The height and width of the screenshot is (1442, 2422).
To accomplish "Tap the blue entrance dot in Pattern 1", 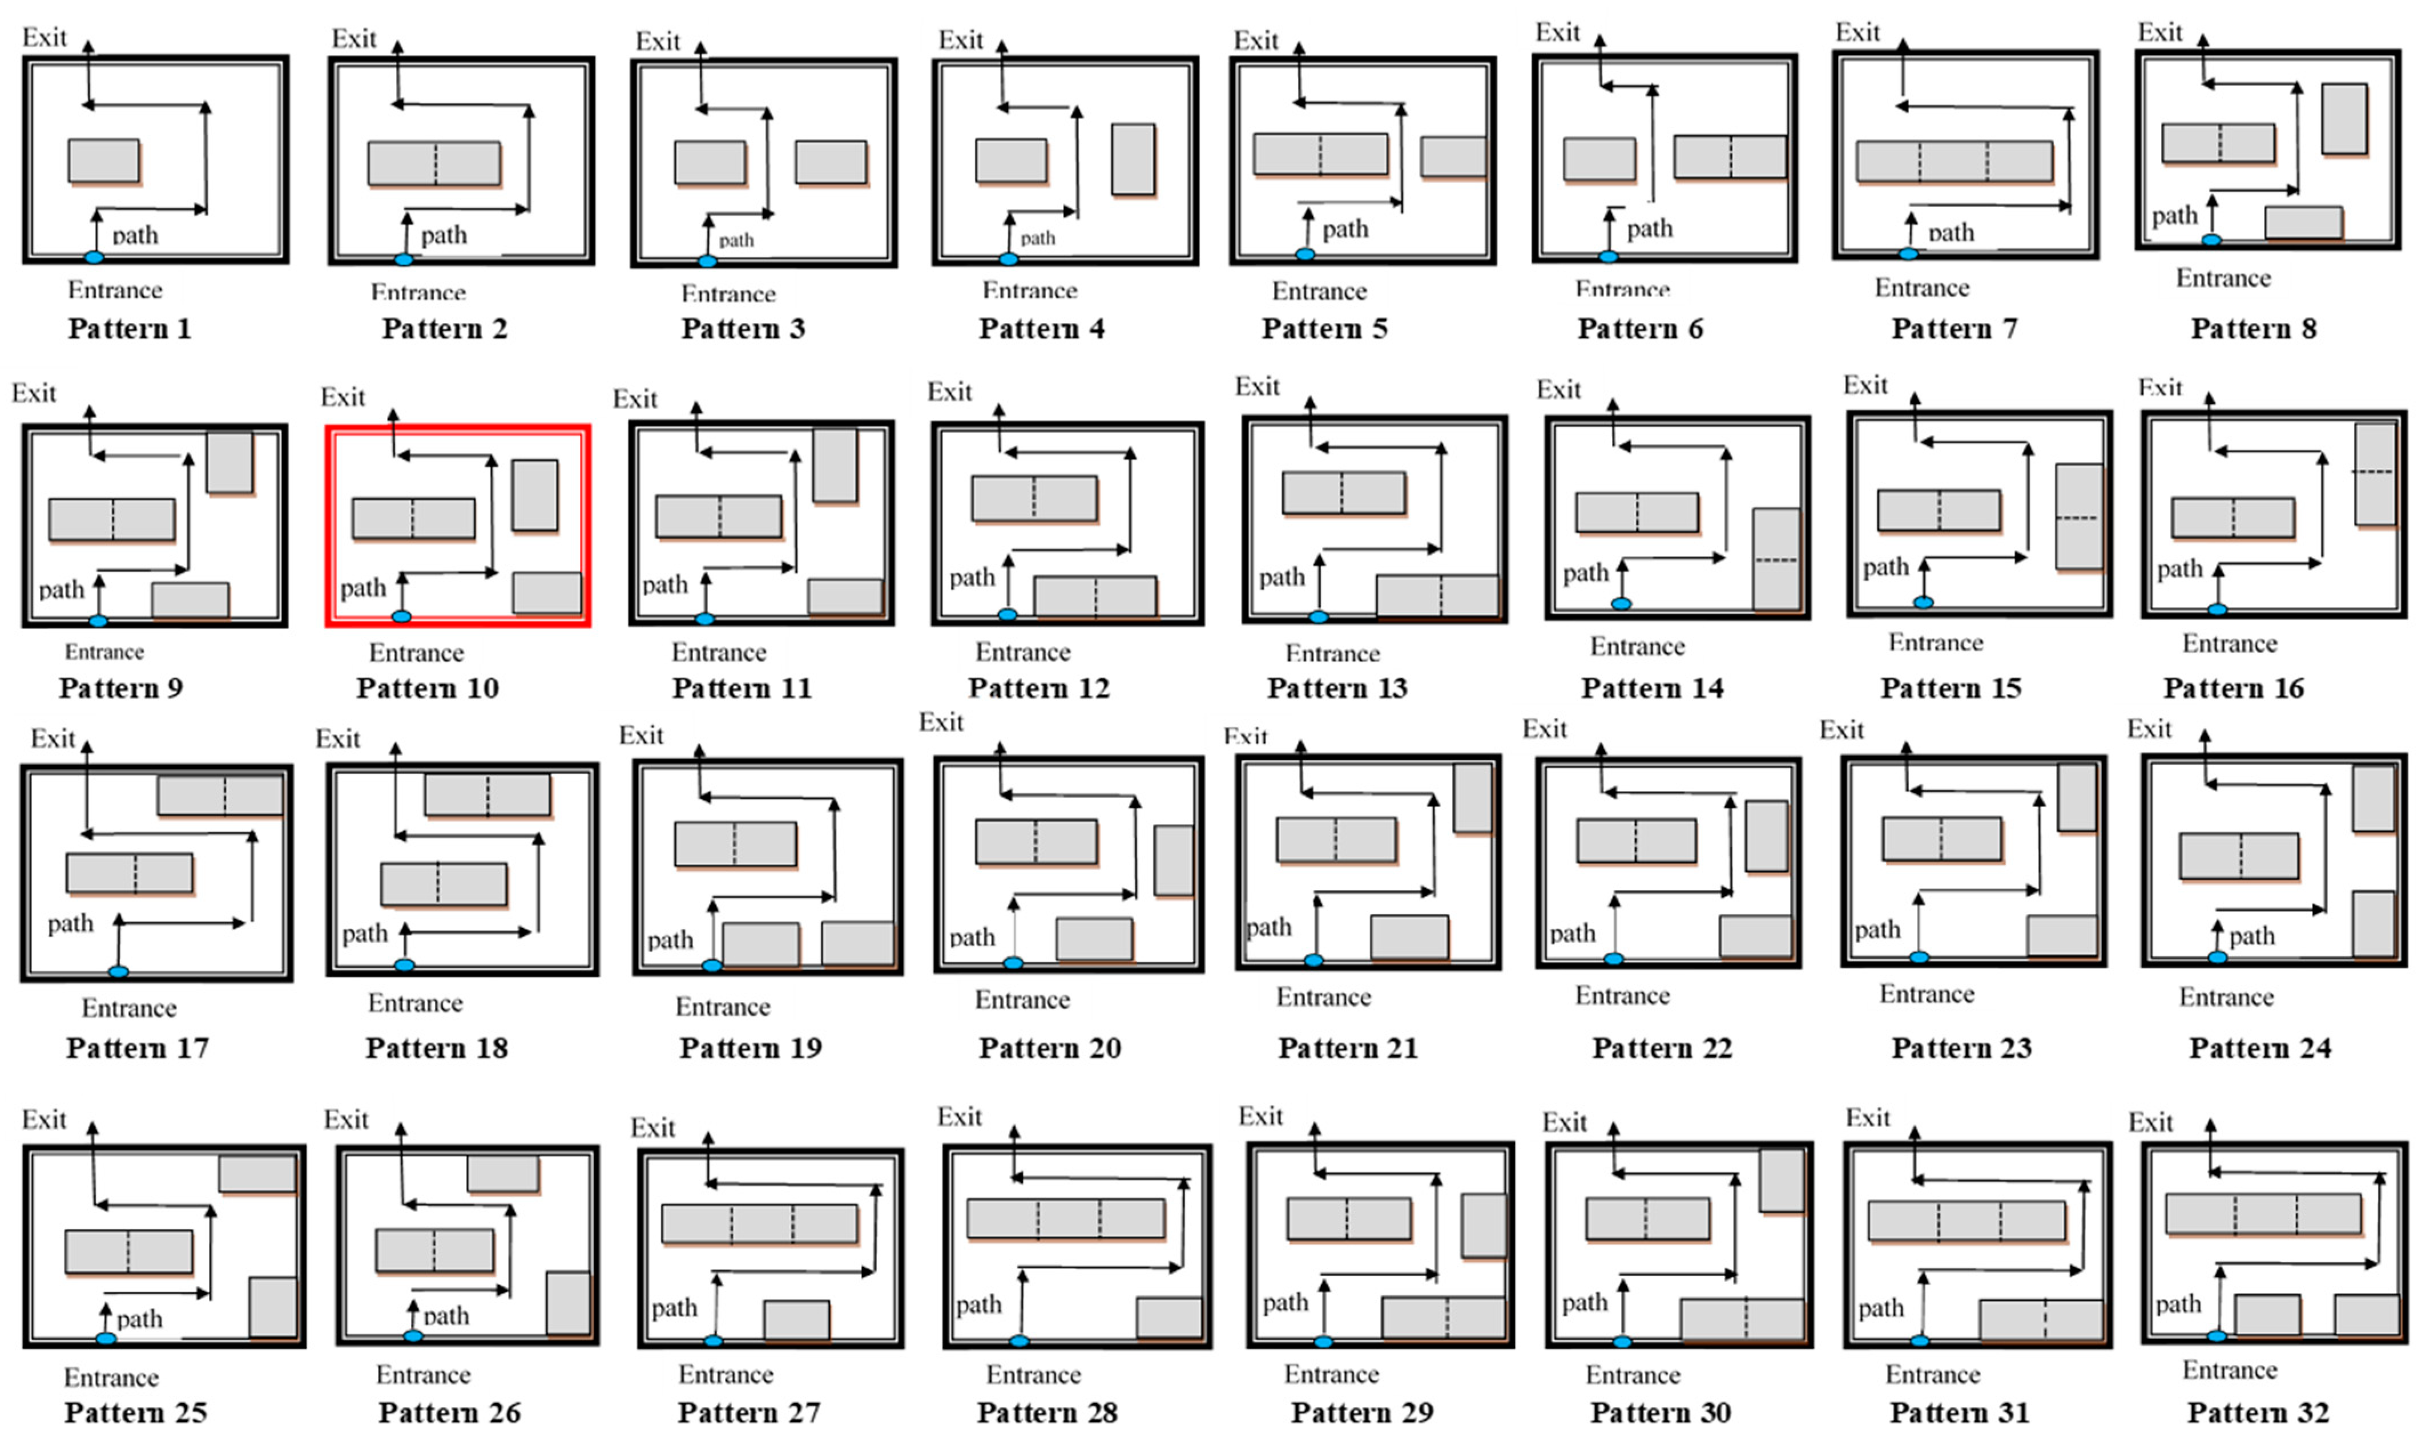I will click(93, 257).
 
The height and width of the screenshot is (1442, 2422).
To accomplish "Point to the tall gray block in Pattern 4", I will click(1133, 159).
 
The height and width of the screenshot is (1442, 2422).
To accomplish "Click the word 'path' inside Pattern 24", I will click(2251, 936).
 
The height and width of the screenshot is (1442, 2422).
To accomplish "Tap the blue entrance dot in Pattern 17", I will click(119, 971).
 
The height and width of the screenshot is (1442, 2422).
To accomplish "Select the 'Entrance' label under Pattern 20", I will click(1022, 1000).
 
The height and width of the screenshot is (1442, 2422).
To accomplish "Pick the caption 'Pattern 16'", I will click(2234, 688).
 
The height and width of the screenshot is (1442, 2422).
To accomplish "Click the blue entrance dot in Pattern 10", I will click(400, 616).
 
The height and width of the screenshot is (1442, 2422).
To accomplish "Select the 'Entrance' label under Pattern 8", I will click(2223, 279).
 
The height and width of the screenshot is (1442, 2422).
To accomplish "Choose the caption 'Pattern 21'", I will click(1348, 1048).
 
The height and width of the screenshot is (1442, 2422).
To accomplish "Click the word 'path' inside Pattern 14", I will click(1585, 572).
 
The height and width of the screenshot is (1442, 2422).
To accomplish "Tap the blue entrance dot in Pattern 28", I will click(1018, 1341).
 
